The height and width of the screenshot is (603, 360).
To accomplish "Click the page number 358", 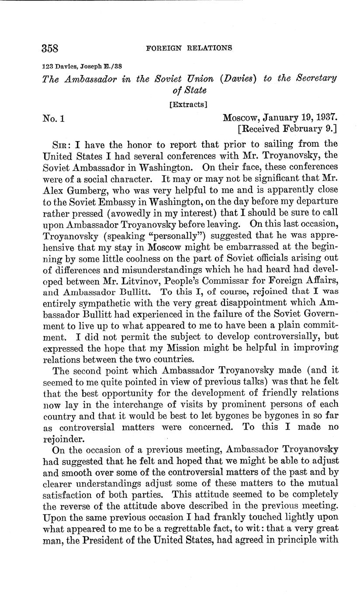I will (x=50, y=48).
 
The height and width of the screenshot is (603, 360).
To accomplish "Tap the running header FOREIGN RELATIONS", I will (x=189, y=48).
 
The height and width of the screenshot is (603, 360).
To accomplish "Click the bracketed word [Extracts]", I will (x=188, y=104).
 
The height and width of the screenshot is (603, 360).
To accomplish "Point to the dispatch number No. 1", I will (x=53, y=118).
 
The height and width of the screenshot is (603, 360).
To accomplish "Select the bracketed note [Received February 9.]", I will (x=287, y=129).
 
